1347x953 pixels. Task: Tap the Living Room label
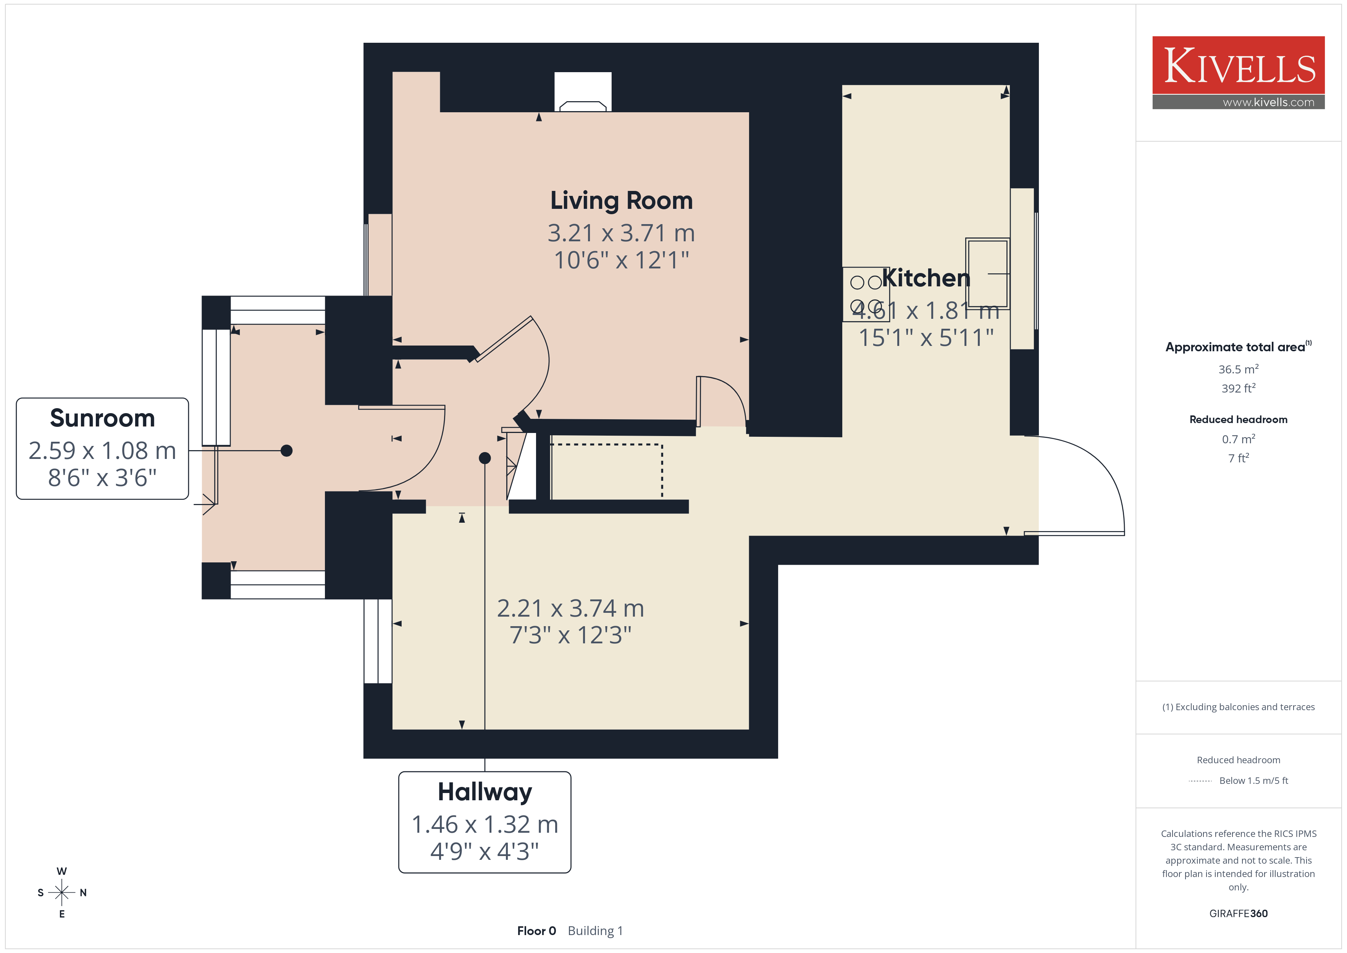[x=621, y=201]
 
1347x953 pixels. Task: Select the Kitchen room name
[x=926, y=278]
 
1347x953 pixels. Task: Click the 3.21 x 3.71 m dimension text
[x=621, y=233]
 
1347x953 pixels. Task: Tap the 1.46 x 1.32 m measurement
[x=485, y=824]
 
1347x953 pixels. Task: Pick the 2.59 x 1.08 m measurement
[x=103, y=451]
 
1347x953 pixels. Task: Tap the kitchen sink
[x=987, y=273]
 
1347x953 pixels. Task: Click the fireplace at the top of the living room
[x=583, y=92]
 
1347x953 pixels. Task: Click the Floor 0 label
[x=536, y=931]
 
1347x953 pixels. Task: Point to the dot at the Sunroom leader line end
[x=286, y=451]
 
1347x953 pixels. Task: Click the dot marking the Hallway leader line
[x=485, y=458]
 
